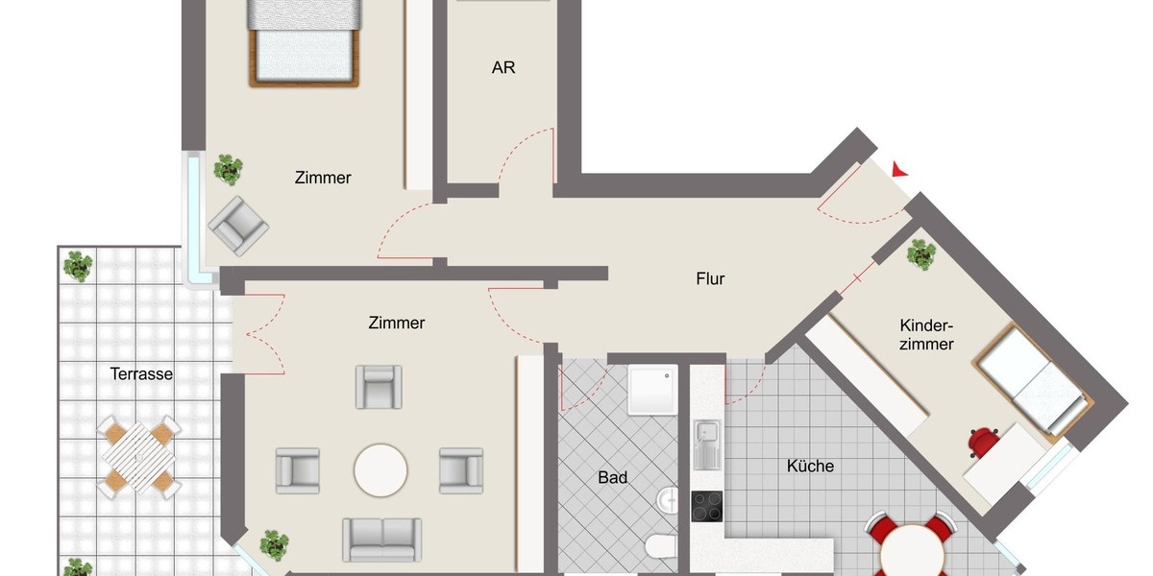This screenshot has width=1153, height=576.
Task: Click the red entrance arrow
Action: [x=899, y=170]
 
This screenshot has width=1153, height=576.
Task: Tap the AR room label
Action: [x=503, y=68]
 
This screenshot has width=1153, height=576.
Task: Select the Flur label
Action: [x=710, y=279]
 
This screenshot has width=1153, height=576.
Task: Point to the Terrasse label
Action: [x=141, y=374]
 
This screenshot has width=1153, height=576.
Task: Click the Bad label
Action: [x=612, y=477]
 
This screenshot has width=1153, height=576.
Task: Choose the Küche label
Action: [x=810, y=467]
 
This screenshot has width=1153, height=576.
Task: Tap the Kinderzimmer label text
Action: [x=926, y=334]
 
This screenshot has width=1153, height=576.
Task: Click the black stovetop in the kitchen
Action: [x=707, y=506]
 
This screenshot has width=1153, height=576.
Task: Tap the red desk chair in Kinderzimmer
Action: [x=984, y=442]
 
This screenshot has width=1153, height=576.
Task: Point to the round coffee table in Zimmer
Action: [x=380, y=469]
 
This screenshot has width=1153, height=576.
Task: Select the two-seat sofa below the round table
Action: [x=381, y=539]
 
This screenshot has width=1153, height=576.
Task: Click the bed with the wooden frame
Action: [x=304, y=43]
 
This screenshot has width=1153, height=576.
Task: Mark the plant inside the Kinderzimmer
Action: [x=920, y=254]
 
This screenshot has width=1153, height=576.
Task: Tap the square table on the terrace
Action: [x=140, y=455]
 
